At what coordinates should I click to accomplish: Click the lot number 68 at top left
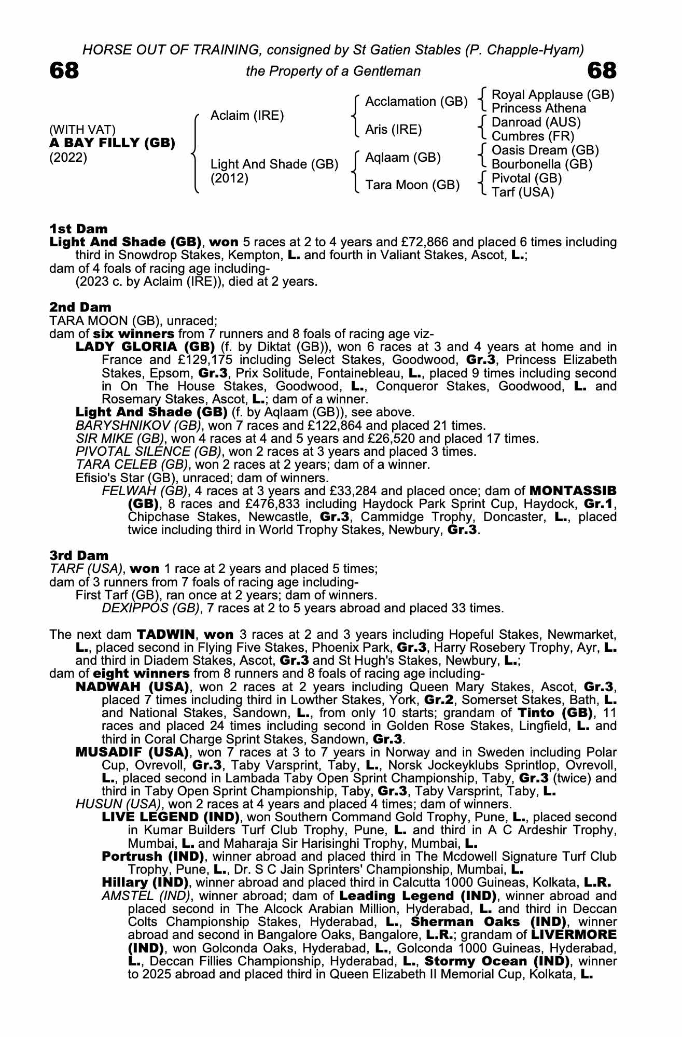pyautogui.click(x=64, y=71)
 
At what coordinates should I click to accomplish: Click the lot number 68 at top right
pyautogui.click(x=602, y=71)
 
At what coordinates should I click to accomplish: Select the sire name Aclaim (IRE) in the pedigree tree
pyautogui.click(x=247, y=116)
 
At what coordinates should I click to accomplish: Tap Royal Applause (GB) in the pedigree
pyautogui.click(x=552, y=95)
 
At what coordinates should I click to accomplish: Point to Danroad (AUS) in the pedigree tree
pyautogui.click(x=536, y=122)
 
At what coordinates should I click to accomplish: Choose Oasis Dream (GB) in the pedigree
pyautogui.click(x=545, y=150)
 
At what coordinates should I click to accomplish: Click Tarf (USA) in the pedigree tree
pyautogui.click(x=522, y=192)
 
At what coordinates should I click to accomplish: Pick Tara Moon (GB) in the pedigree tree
pyautogui.click(x=412, y=185)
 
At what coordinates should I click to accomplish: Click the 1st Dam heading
pyautogui.click(x=78, y=229)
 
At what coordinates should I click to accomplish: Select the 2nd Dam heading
pyautogui.click(x=80, y=307)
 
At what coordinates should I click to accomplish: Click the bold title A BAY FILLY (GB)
pyautogui.click(x=112, y=143)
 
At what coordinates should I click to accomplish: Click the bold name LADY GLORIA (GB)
pyautogui.click(x=145, y=346)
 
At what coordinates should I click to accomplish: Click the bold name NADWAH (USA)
pyautogui.click(x=132, y=687)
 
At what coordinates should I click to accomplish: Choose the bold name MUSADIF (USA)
pyautogui.click(x=132, y=752)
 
